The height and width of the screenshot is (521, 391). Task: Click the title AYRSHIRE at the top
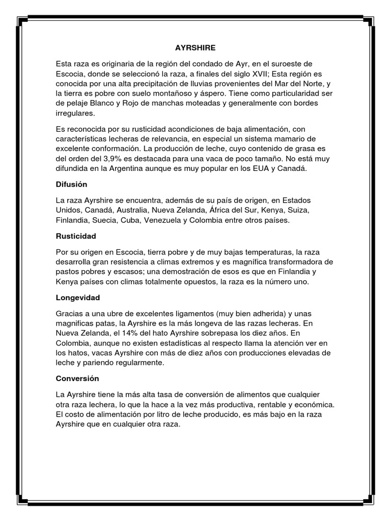tap(195, 47)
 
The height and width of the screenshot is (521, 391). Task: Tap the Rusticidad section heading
tap(75, 237)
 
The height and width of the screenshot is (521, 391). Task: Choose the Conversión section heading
tap(77, 379)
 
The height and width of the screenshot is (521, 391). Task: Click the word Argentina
tap(137, 168)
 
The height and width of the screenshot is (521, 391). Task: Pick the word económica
tap(311, 404)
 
